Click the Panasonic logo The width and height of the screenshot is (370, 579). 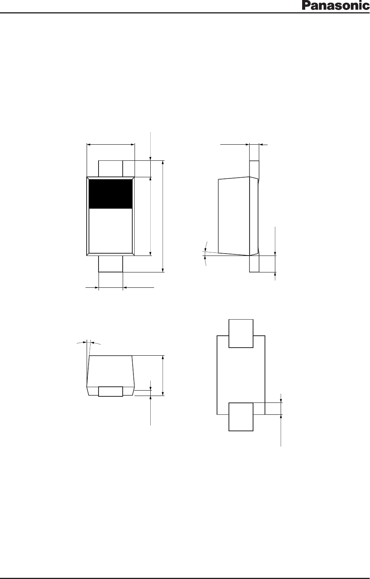tap(335, 6)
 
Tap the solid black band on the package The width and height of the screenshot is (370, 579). tap(110, 194)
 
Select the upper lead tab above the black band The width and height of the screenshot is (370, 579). tap(110, 168)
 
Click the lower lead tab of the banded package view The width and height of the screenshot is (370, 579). tap(110, 264)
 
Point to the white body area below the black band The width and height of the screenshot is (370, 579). tap(110, 231)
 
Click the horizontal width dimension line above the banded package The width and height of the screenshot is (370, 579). tap(111, 145)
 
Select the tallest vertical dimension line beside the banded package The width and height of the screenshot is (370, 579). tap(163, 216)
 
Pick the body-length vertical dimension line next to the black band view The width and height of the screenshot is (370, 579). tap(150, 216)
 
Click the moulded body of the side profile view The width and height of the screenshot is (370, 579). tap(234, 216)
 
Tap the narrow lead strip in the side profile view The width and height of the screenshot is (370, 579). tap(254, 216)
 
